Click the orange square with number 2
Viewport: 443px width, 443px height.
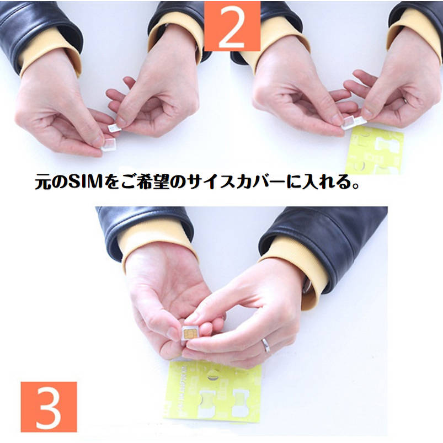coord(232,26)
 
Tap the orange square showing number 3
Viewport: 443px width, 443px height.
coord(49,407)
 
